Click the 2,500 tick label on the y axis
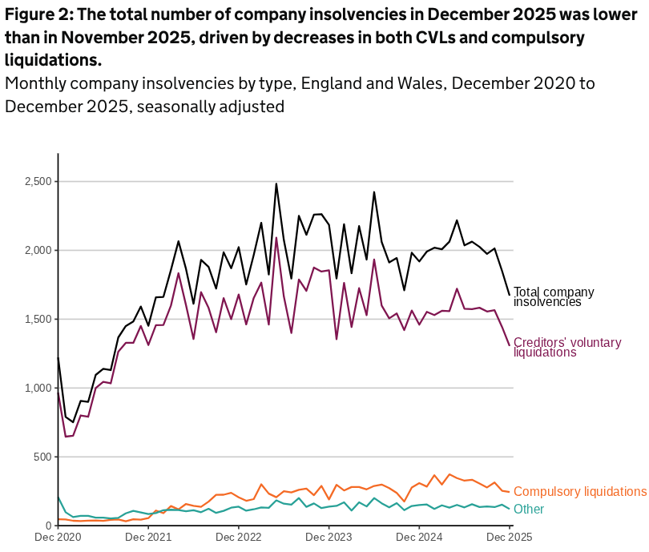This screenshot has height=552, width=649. pos(38,182)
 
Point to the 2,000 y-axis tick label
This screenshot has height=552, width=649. pos(38,251)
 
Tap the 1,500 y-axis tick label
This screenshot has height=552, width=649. pos(38,320)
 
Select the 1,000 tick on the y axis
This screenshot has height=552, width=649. pos(38,389)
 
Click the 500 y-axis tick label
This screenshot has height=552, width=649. pos(42,457)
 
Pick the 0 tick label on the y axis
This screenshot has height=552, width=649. pos(49,526)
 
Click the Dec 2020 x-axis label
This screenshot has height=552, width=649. pos(58,537)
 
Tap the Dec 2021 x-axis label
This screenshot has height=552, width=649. pos(149,537)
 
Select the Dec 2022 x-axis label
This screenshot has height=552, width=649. pos(239,537)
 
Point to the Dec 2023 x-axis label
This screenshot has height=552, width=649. pos(329,537)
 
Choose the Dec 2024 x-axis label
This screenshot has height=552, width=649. pos(420,537)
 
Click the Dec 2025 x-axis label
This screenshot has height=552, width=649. pos(510,537)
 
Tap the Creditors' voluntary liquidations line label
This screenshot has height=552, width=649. pos(566,347)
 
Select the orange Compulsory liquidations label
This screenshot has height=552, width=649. pos(579,491)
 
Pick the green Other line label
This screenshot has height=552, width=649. pos(528,510)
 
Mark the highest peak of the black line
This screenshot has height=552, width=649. pos(276,183)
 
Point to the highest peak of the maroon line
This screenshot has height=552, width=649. pos(276,237)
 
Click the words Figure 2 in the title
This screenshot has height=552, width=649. pos(35,14)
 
